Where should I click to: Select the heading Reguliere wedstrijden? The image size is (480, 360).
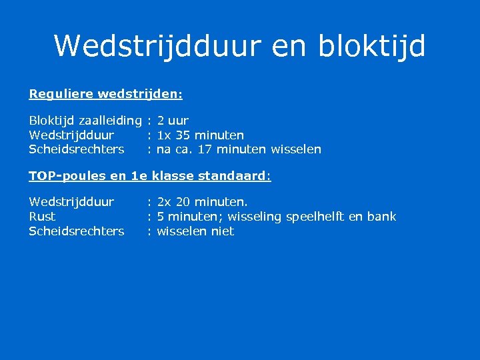click(x=105, y=94)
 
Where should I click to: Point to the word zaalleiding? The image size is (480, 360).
click(x=110, y=121)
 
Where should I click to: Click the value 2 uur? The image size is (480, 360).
click(x=173, y=121)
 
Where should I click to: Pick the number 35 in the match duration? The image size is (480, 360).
click(x=183, y=135)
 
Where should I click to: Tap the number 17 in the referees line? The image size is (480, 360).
click(x=205, y=149)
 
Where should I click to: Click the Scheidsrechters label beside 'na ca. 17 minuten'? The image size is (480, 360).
click(x=76, y=149)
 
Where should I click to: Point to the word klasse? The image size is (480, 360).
click(x=172, y=176)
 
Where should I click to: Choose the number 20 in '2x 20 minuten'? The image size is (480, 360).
click(x=183, y=201)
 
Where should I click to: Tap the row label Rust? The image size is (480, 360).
click(x=42, y=217)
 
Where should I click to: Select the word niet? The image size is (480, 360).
click(x=223, y=231)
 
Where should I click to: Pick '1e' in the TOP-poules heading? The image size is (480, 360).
click(x=139, y=176)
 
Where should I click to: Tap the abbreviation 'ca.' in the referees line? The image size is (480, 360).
click(x=183, y=149)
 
